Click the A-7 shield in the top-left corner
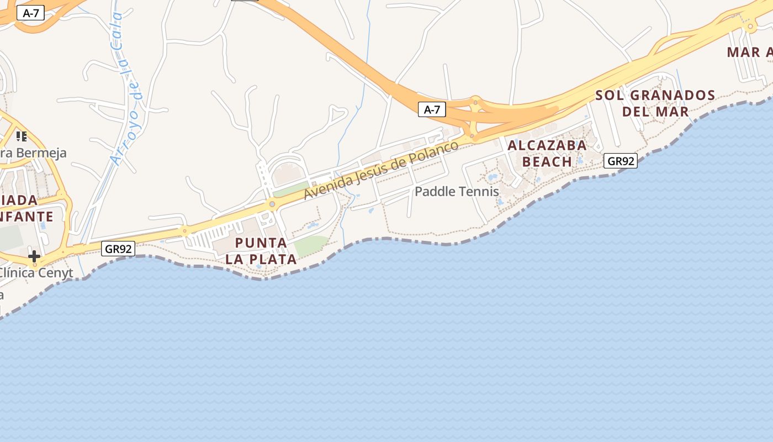click(x=30, y=13)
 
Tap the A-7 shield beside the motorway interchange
click(x=431, y=109)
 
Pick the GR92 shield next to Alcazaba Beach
click(x=621, y=161)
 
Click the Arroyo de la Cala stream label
click(x=126, y=88)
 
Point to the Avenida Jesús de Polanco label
click(x=381, y=170)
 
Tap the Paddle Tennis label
click(x=457, y=192)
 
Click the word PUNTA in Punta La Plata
click(x=261, y=243)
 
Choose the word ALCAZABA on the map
click(x=547, y=145)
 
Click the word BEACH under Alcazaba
click(x=547, y=162)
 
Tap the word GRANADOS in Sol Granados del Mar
click(x=672, y=96)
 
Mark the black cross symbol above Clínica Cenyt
click(x=34, y=256)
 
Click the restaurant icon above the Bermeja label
click(x=22, y=136)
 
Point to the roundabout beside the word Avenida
click(x=272, y=204)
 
